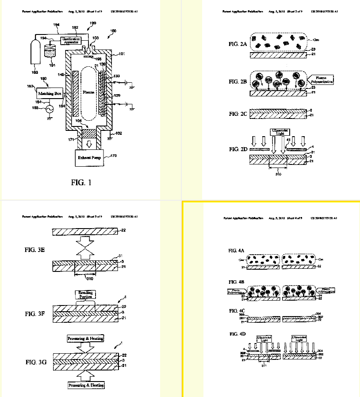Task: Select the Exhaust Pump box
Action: pyautogui.click(x=90, y=157)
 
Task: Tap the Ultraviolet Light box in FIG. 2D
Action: pyautogui.click(x=279, y=133)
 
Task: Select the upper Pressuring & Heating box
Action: pyautogui.click(x=86, y=338)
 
